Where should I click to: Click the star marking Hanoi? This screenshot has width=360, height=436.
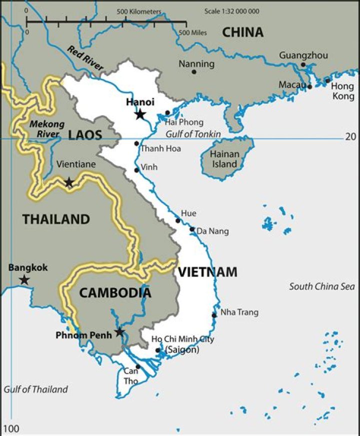click(140, 114)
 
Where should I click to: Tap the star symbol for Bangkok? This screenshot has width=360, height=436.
click(24, 280)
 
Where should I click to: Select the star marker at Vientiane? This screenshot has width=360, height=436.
click(69, 183)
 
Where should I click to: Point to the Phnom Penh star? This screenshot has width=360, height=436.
click(119, 332)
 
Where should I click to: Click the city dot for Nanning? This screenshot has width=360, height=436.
click(194, 72)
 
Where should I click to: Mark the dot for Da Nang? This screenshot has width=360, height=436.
click(192, 229)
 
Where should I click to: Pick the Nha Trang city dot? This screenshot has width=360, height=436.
click(214, 315)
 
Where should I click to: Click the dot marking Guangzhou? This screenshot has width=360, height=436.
click(303, 64)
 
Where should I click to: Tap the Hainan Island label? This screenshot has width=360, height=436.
click(224, 159)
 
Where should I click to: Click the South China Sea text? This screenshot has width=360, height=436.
click(322, 286)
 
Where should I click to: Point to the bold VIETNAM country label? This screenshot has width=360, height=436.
click(207, 272)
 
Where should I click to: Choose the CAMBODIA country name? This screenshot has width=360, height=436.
click(115, 293)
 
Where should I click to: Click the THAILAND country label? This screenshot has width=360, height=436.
click(55, 219)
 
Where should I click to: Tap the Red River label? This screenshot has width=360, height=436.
click(85, 58)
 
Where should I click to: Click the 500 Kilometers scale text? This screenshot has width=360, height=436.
click(139, 11)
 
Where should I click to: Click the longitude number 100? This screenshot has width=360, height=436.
click(11, 428)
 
